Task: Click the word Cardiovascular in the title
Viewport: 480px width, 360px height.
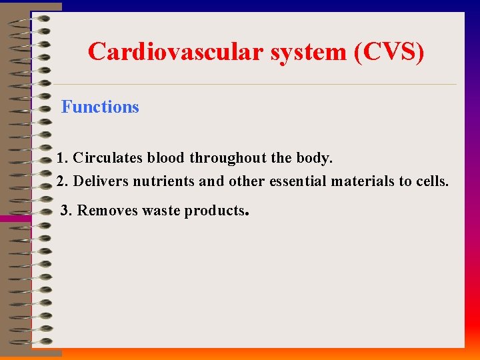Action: [x=177, y=51]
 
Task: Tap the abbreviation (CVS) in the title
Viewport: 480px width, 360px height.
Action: [x=389, y=51]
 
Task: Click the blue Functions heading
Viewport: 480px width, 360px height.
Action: [x=100, y=107]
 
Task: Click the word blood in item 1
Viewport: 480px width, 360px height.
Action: [x=166, y=159]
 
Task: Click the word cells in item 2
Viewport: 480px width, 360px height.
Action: [x=431, y=181]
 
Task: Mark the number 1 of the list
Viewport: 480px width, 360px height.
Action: [x=61, y=159]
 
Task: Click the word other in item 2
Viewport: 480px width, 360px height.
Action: [x=247, y=181]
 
